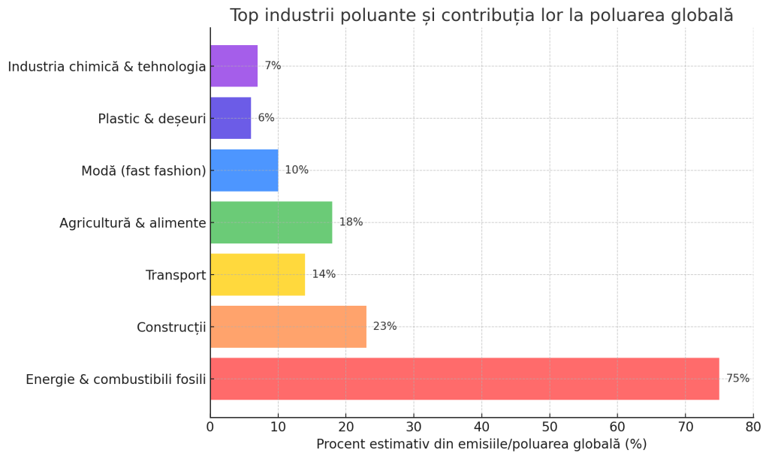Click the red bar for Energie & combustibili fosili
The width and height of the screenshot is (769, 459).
point(465,379)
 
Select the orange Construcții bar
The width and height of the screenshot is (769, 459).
point(288,327)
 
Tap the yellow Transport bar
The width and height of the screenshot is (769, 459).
point(258,275)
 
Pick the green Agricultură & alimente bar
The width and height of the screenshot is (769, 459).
point(271,222)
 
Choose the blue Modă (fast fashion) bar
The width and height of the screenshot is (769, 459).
point(244,171)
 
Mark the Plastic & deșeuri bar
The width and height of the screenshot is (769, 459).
point(231,118)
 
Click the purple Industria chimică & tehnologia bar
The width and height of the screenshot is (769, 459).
point(234,65)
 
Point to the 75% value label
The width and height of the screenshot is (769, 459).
point(738,379)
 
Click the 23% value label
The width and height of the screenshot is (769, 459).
point(385,327)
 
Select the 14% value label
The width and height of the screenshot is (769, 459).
point(324,274)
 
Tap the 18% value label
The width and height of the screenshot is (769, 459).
point(351,222)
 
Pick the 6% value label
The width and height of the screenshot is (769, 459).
point(267,118)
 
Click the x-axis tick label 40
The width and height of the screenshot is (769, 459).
point(481,427)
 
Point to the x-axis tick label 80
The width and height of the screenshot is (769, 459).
point(753,427)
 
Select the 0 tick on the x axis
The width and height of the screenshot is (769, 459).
point(210,427)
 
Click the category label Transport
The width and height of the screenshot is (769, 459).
point(176,275)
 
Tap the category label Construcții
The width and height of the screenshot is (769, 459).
point(171,327)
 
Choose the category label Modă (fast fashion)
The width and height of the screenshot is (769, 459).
point(143,171)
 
